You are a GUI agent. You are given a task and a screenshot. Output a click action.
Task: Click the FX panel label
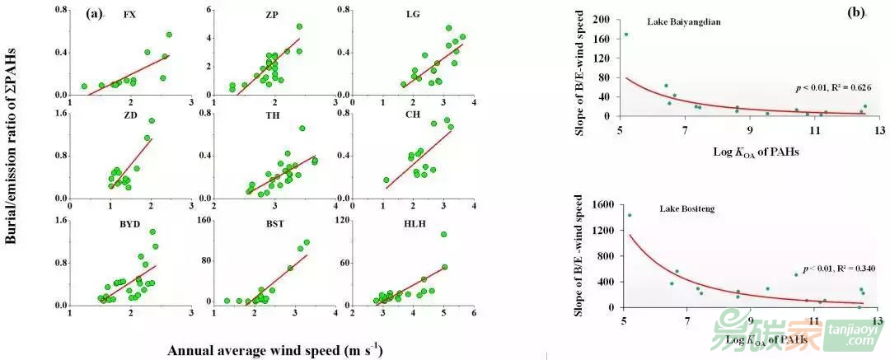[x=129, y=15]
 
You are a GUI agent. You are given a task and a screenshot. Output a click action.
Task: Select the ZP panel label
[x=272, y=15]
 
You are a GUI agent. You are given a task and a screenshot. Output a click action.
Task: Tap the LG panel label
[x=413, y=15]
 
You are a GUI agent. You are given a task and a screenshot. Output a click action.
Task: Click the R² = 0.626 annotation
[x=834, y=86]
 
